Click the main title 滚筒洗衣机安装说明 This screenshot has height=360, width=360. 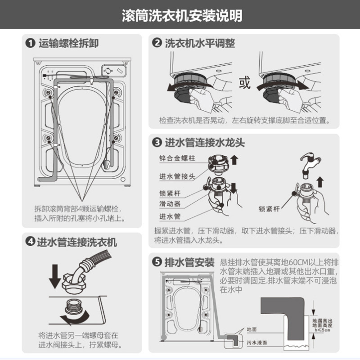click(x=180, y=17)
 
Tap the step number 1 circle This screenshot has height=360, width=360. click(x=30, y=44)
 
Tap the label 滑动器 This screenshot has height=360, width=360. click(x=169, y=204)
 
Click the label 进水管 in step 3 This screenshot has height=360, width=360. click(x=169, y=216)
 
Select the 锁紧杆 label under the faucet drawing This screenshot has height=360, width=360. click(x=269, y=209)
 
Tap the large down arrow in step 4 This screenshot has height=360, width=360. click(x=55, y=276)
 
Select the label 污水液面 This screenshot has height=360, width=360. click(x=256, y=343)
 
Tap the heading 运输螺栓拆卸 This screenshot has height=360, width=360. click(x=68, y=44)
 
